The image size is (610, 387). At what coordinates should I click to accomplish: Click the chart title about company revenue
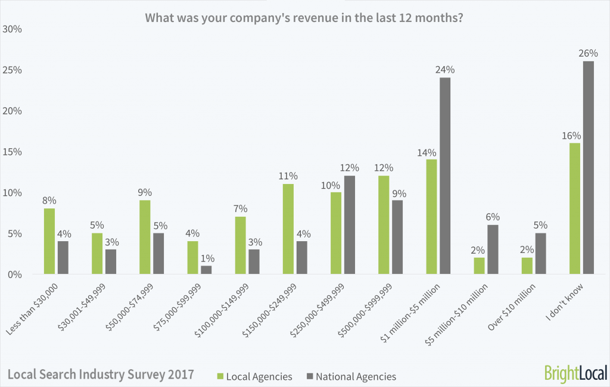coord(305,18)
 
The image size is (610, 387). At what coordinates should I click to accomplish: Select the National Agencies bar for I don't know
coord(588,168)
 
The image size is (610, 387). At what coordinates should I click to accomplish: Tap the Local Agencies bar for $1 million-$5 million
coord(432,217)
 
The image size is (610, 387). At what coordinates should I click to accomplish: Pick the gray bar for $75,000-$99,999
coord(206,270)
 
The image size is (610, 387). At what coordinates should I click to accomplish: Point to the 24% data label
coord(445,70)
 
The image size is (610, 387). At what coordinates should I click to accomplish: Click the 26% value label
coord(588,54)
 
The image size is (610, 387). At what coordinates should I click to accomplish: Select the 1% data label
coord(206,258)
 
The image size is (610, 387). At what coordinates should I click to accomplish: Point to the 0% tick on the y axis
coord(15,274)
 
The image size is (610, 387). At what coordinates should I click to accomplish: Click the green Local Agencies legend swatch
coord(220,376)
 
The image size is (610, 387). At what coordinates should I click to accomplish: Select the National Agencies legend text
coord(356,376)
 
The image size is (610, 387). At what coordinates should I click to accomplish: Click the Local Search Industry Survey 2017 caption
coord(101,375)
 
